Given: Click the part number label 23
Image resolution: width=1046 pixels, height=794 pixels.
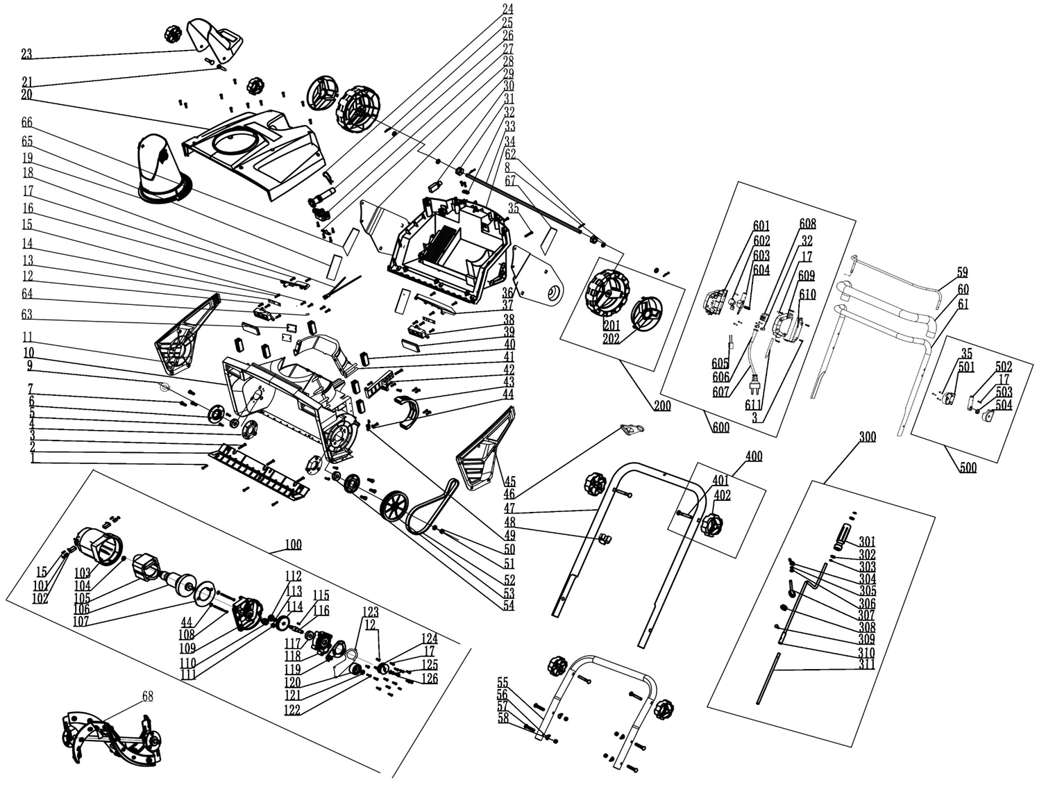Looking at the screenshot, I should pos(26,54).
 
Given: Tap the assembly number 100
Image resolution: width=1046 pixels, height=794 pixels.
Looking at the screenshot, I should pos(293,544).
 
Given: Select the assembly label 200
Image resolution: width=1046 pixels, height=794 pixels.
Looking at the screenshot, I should pos(662,405).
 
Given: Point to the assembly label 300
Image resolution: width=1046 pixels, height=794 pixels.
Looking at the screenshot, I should pos(868,437).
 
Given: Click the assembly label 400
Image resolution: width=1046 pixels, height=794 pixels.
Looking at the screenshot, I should pos(754,456).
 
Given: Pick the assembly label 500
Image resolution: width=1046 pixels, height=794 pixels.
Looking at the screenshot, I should pos(968,467).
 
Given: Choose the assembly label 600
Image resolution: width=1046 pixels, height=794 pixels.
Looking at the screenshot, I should pos(721,427).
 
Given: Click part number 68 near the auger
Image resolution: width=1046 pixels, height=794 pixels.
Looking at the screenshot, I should pos(147,696).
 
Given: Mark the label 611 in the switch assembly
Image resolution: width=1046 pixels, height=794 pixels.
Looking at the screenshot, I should pos(753,405).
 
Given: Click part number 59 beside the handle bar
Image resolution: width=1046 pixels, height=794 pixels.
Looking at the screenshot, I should pos(962,272).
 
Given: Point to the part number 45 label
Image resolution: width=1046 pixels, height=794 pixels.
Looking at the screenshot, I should pos(509,481).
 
